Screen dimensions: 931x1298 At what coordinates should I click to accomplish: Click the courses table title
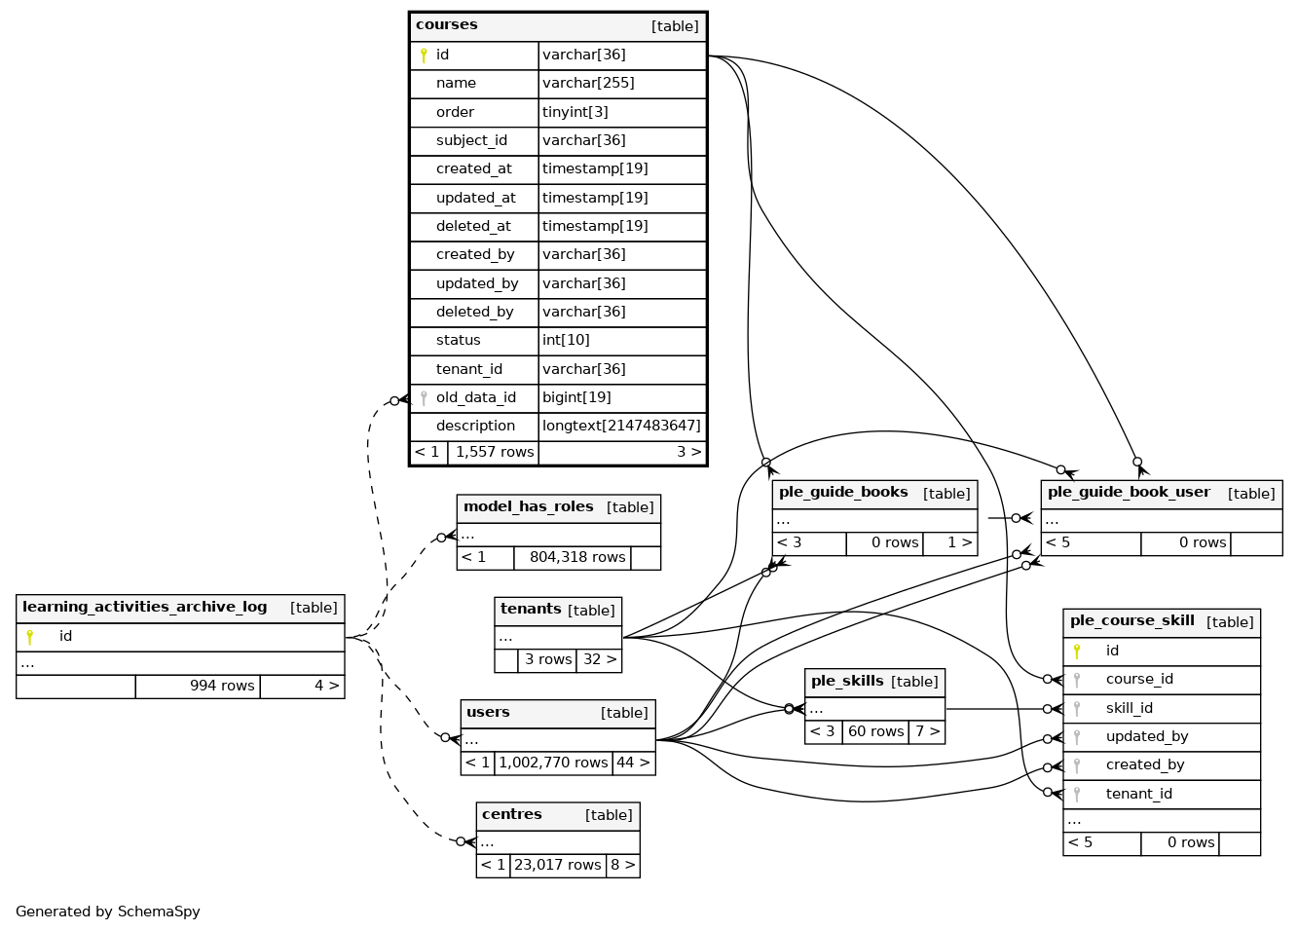point(447,25)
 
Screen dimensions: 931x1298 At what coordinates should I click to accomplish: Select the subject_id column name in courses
point(471,140)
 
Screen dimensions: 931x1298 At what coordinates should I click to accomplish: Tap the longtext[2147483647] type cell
point(621,426)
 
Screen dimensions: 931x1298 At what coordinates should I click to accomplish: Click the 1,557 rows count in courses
point(495,452)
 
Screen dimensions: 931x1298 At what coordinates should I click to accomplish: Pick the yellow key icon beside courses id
point(424,56)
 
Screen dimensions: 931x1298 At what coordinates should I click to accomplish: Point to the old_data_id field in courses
point(476,397)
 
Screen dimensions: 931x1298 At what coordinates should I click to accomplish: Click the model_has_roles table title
point(528,506)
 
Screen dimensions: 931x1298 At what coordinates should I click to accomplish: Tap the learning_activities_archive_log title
point(144,607)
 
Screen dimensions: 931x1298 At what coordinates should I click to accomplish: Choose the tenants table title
point(531,609)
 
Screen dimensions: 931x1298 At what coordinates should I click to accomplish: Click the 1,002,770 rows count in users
point(553,763)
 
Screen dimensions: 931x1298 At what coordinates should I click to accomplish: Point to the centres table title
point(511,814)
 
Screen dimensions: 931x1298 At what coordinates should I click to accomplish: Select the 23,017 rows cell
point(557,865)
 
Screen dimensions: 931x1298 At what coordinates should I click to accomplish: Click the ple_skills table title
point(847,681)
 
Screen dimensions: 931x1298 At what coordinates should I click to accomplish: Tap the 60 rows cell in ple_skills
point(875,731)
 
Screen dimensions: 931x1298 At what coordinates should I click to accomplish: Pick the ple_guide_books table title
point(843,492)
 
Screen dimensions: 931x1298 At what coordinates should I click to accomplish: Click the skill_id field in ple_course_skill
point(1130,708)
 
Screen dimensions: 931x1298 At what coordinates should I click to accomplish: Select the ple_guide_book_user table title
point(1129,492)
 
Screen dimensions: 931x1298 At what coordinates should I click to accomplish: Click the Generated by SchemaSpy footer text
point(108,912)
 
